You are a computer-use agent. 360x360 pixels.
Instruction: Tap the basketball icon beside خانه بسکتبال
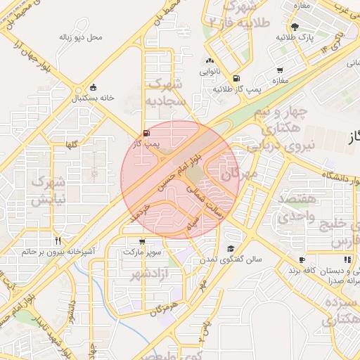point(94,87)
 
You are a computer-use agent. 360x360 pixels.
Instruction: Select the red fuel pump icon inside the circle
point(146,133)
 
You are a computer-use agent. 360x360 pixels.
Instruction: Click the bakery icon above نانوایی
point(210,60)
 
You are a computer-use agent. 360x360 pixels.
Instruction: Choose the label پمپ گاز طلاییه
point(237,89)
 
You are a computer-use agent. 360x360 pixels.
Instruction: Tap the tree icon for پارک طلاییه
point(294,26)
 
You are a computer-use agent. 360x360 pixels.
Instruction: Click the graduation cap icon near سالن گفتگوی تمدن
point(231,249)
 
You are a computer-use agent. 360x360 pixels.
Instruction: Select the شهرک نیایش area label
point(49,188)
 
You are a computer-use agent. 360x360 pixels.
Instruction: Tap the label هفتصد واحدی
point(291,210)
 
